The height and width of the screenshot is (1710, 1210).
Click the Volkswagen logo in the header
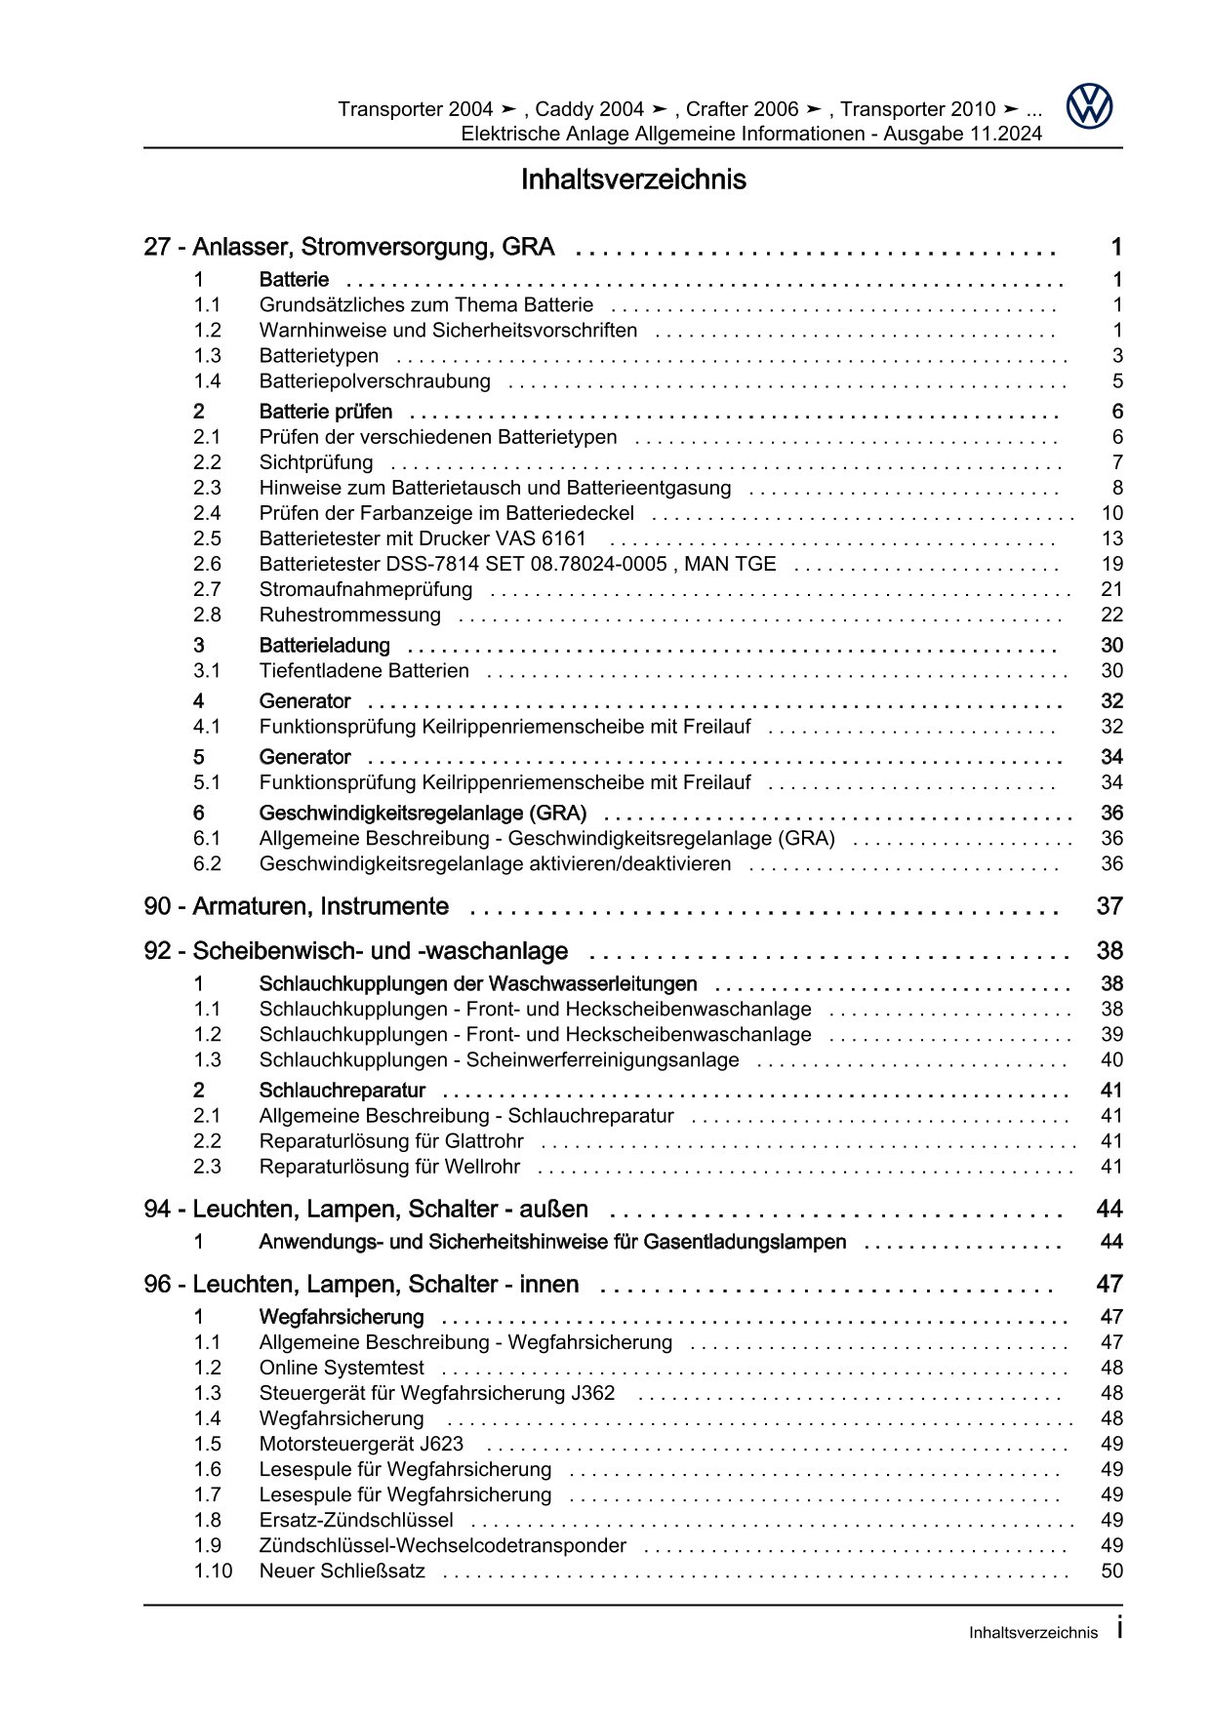click(x=1089, y=106)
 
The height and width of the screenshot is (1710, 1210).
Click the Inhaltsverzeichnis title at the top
click(x=633, y=179)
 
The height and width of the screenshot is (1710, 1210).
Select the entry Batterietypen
click(x=318, y=356)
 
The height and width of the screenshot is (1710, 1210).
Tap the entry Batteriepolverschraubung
click(x=375, y=381)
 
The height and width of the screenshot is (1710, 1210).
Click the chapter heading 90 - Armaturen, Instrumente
click(x=296, y=906)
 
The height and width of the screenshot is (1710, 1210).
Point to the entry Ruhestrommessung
click(x=349, y=616)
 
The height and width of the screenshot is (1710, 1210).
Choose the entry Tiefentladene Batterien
click(x=363, y=671)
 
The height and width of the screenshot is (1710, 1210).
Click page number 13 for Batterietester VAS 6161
click(x=1111, y=539)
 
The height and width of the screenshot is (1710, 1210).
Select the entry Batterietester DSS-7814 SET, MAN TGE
click(x=517, y=565)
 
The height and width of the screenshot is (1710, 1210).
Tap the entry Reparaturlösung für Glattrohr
click(x=390, y=1141)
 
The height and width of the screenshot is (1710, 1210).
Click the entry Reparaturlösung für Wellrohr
click(x=388, y=1167)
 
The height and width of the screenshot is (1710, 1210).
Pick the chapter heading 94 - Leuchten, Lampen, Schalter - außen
click(x=366, y=1210)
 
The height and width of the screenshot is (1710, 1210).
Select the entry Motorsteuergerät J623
click(x=361, y=1445)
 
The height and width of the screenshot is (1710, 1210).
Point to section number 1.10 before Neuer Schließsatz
click(x=213, y=1571)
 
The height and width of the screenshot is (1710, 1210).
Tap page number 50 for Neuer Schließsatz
click(x=1111, y=1571)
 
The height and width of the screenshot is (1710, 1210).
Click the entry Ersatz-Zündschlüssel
click(x=355, y=1521)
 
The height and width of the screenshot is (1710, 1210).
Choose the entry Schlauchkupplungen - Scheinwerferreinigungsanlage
click(x=499, y=1060)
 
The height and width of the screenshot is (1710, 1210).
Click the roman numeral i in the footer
click(x=1119, y=1629)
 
